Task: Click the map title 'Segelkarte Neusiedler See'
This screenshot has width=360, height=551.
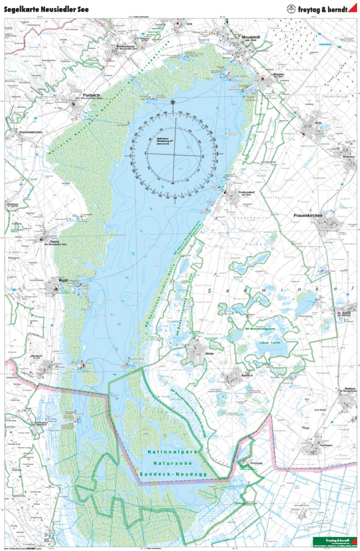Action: tap(46, 9)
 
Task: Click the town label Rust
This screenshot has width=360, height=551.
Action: tap(63, 280)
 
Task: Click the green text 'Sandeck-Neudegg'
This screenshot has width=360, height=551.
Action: tap(173, 474)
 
